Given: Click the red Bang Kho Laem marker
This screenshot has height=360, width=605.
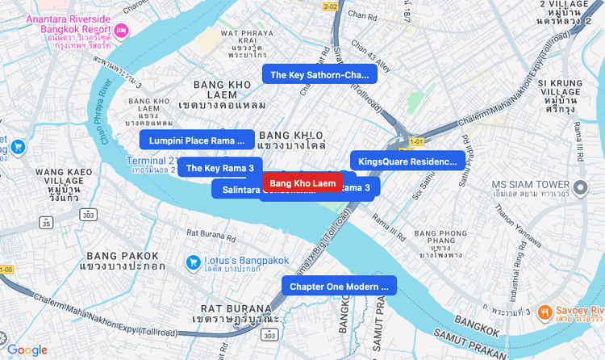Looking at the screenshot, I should [302, 184].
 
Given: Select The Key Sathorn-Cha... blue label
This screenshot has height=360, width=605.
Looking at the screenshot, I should [319, 75].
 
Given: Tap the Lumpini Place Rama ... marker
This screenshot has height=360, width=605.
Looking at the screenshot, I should [197, 140].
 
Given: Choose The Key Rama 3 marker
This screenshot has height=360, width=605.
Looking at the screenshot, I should [220, 168].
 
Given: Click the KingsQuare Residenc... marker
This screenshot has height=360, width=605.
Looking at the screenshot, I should [407, 161].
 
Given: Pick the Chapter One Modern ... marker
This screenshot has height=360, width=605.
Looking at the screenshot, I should [339, 287].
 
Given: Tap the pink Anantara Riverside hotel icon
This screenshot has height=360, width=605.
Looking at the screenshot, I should [121, 31].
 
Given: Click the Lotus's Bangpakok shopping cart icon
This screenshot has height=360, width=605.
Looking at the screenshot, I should [193, 262].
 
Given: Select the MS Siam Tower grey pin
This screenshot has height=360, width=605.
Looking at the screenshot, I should [581, 189].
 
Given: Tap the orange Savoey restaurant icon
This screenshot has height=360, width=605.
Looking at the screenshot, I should [545, 312].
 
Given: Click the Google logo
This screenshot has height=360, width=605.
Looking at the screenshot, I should [27, 350].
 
